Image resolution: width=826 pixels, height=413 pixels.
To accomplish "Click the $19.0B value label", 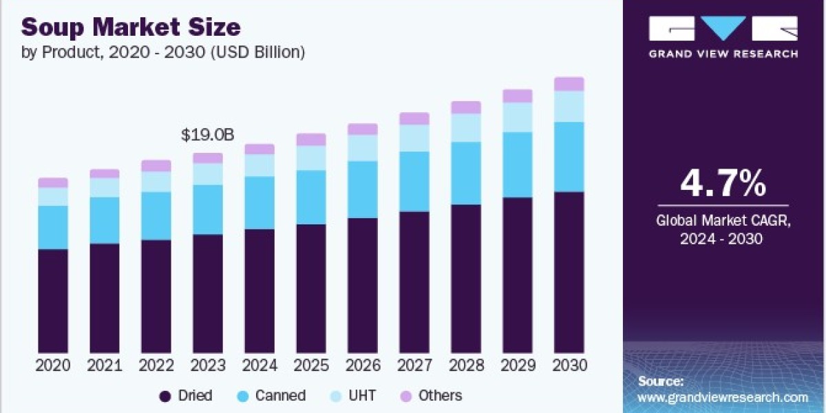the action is coord(208,136).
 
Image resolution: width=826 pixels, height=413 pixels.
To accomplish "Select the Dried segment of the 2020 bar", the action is coord(53,301).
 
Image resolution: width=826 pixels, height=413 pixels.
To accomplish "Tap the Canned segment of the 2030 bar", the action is coord(569,157).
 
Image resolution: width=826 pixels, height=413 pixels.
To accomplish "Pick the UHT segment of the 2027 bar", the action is coord(414,138).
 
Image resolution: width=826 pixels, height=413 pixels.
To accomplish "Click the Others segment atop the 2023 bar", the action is coord(208,158).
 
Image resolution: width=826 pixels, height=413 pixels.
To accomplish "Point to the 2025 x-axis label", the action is coord(311,366).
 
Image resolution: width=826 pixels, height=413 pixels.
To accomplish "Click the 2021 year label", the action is coord(105,366).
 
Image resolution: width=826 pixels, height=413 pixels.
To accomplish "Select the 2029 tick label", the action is coord(518,366).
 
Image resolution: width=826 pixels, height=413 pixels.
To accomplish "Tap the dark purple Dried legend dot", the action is coord(165,396).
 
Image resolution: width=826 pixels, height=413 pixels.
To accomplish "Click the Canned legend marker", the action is coord(242,396).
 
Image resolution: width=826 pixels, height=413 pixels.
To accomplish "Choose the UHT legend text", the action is coord(362,396).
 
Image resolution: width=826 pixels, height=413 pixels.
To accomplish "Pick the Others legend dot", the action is coord(405,396).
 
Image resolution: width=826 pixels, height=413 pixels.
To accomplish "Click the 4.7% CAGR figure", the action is coord(723,183).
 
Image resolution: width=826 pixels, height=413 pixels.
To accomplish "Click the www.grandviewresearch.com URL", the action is coord(723,398).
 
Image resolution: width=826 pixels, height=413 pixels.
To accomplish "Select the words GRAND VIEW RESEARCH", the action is coord(723,54).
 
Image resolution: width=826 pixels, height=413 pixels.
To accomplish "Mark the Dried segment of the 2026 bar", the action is coord(363,286).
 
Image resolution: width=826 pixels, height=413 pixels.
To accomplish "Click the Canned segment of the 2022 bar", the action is coord(156,216).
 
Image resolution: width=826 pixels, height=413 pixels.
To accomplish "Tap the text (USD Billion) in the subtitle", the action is coord(257,52).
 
